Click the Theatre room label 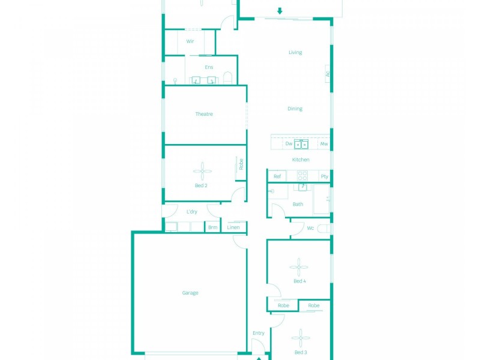point(204,114)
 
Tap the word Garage point(190,293)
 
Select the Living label point(295,52)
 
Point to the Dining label point(295,109)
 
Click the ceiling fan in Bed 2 point(202,171)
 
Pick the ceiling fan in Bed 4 point(299,267)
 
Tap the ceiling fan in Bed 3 point(301,338)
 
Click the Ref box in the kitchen point(277,176)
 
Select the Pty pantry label point(325,176)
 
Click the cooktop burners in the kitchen point(302,176)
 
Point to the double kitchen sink point(301,144)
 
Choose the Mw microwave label point(324,143)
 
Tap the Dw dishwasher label point(289,143)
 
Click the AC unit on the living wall point(327,74)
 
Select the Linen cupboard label point(233,227)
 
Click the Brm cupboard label point(213,227)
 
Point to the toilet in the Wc point(324,229)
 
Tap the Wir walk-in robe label point(190,41)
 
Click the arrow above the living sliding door point(280,11)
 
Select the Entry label point(259,333)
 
